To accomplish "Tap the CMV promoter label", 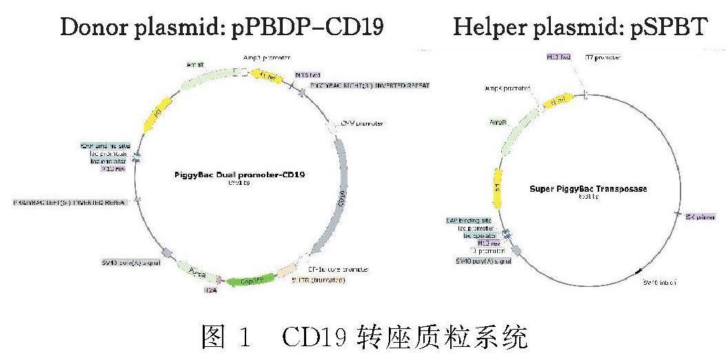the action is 362,123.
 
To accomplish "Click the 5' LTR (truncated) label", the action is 318,280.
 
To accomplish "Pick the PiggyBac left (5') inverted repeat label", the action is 70,202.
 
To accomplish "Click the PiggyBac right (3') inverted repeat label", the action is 370,86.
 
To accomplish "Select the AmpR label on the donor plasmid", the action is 194,65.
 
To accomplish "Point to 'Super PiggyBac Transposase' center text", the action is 588,188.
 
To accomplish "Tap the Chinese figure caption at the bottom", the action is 363,337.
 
